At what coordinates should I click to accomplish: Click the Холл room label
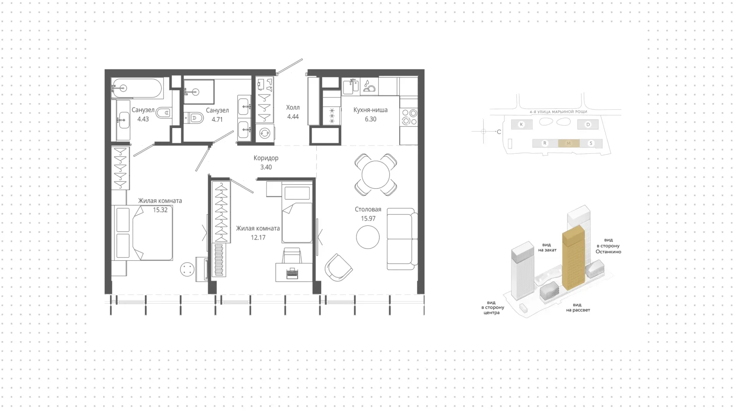[x=293, y=107]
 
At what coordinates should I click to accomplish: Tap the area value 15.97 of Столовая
[x=368, y=218]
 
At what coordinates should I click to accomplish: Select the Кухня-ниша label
[x=370, y=110]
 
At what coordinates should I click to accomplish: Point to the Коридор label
[x=266, y=158]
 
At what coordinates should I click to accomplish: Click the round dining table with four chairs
[x=376, y=175]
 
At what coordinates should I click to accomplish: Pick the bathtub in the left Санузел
[x=137, y=88]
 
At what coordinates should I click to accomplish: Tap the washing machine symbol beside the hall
[x=265, y=133]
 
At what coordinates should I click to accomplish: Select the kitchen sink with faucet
[x=350, y=87]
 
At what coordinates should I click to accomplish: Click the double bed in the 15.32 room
[x=142, y=233]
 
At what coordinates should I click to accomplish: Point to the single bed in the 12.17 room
[x=297, y=214]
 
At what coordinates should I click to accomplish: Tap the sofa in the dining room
[x=402, y=239]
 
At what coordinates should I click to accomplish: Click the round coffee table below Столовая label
[x=368, y=237]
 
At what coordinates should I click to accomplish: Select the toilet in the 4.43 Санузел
[x=163, y=113]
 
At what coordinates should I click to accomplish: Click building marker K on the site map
[x=521, y=125]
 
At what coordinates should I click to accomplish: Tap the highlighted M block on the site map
[x=568, y=143]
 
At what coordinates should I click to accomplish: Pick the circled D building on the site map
[x=588, y=125]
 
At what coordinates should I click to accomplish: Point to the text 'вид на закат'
[x=547, y=247]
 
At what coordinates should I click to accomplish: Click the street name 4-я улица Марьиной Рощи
[x=558, y=112]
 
